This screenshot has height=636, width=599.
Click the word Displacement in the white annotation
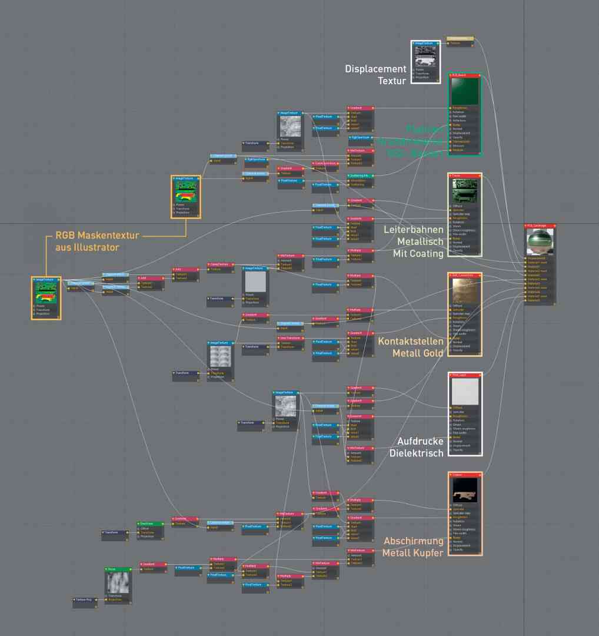tap(375, 69)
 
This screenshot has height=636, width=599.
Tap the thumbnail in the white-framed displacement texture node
tap(425, 57)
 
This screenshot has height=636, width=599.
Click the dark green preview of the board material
tap(464, 91)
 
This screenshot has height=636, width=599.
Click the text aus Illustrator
tap(87, 247)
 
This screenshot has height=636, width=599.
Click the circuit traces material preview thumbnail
tap(465, 191)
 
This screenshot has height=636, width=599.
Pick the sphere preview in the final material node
tap(540, 241)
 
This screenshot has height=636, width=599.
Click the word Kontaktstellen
tap(410, 342)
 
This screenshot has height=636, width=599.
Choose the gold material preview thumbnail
tap(465, 291)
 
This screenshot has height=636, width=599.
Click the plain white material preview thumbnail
tap(465, 391)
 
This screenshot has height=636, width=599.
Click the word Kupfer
tap(429, 553)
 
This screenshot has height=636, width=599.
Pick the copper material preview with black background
tap(465, 490)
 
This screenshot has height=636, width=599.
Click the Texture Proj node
tap(84, 600)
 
